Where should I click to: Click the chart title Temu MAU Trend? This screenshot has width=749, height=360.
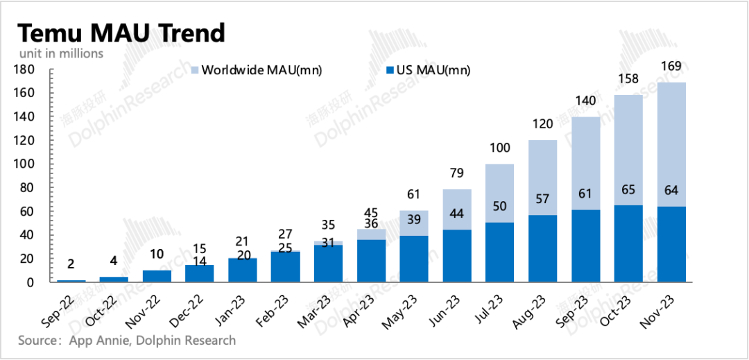click(121, 33)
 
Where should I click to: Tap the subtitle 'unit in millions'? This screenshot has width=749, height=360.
click(60, 53)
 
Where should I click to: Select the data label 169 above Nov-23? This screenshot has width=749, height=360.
click(671, 67)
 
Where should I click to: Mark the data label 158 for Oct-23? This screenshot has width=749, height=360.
click(628, 80)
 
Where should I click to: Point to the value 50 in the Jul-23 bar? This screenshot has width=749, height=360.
click(499, 207)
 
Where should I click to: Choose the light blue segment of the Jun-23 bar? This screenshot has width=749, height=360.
click(456, 209)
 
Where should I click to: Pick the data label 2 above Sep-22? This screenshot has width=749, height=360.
click(70, 264)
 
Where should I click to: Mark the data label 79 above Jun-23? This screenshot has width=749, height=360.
click(456, 173)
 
